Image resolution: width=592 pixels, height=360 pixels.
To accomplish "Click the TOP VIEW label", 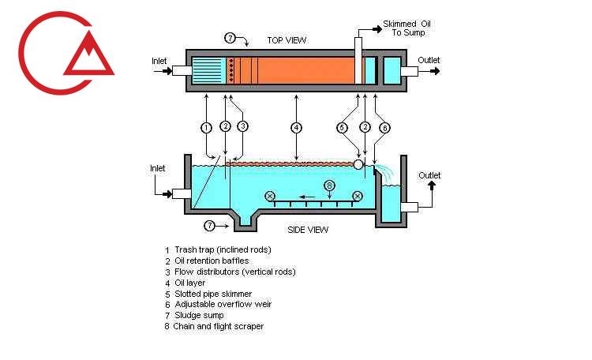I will point(287,40).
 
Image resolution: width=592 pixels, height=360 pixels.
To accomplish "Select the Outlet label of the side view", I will point(429,175).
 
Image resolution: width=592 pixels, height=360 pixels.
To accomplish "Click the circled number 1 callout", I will point(206,127).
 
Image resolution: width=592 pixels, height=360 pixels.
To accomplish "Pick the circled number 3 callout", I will point(243,126).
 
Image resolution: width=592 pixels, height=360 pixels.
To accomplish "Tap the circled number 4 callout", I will point(295,127).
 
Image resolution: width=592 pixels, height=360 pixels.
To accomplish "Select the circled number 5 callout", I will point(342,127).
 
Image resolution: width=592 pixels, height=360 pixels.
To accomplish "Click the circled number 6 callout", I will point(384,127).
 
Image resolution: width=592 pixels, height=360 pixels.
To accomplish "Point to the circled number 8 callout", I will point(330,185).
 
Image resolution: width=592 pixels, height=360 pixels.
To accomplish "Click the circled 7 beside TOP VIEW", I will point(230,37).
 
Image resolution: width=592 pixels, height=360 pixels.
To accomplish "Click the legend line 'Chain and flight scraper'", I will point(219,326).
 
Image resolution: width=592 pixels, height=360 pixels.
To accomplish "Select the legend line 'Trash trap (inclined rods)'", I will point(223,249).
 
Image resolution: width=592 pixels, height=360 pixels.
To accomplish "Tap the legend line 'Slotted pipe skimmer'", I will point(214,293).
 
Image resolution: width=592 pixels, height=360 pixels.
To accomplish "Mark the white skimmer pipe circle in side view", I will point(358,164).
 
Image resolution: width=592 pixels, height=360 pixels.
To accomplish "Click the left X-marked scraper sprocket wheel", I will point(270,196).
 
